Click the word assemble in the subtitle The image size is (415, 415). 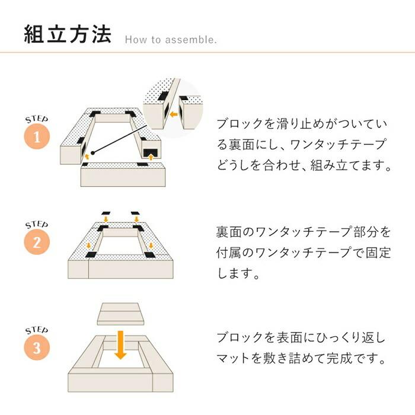[191, 41]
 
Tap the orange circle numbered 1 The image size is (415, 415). [37, 138]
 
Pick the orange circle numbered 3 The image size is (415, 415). [37, 349]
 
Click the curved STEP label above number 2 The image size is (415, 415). [37, 226]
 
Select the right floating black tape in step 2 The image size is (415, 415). [136, 212]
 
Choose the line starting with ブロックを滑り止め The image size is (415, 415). [301, 124]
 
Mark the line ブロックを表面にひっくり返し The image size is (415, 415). [301, 338]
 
